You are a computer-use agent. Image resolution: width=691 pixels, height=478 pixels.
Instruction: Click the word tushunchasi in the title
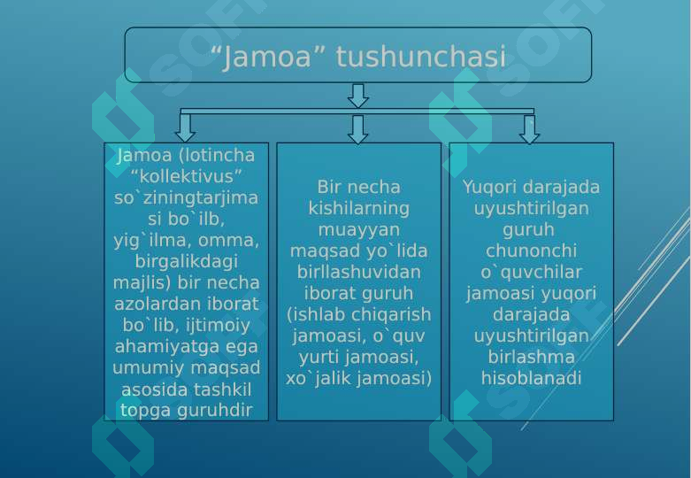click(421, 57)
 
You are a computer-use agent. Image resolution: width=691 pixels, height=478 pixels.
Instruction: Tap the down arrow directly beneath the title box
click(357, 96)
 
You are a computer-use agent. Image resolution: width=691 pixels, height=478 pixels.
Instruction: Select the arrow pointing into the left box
click(186, 128)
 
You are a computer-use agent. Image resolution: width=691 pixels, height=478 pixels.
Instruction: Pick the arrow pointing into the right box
click(529, 129)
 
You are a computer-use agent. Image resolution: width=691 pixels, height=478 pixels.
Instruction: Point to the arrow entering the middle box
click(357, 129)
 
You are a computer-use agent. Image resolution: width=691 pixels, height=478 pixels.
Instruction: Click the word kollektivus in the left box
click(187, 176)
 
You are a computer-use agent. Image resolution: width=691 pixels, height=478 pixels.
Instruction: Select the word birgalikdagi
click(187, 261)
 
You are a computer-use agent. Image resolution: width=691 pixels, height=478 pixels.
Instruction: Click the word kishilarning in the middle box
click(358, 208)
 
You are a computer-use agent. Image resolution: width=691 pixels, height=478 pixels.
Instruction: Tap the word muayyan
click(358, 230)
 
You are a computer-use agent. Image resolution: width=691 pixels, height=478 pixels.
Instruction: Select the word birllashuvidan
click(358, 272)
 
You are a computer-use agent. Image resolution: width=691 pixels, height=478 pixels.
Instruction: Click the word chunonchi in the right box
click(531, 251)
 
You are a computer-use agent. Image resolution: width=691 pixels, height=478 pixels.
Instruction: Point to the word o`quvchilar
click(531, 272)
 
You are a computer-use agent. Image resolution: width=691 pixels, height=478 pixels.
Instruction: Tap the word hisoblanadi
click(531, 378)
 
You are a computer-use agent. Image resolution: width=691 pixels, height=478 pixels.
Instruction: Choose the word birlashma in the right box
click(531, 358)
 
